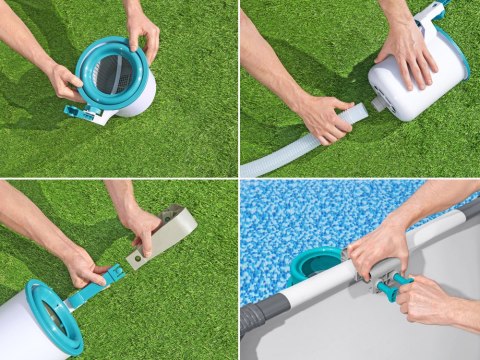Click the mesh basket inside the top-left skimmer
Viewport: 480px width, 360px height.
click(x=113, y=75)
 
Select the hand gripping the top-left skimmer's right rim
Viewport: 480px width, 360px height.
click(x=143, y=30)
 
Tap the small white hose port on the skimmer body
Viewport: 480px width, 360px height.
click(x=381, y=103)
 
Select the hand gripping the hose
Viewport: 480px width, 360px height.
click(x=322, y=117)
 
